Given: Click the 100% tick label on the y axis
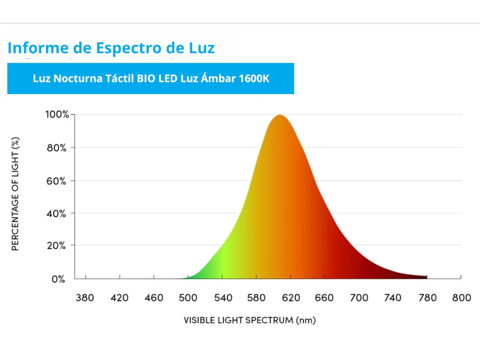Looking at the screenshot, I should (57, 115).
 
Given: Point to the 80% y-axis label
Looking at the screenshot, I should (57, 148).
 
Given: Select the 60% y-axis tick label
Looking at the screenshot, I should (57, 181).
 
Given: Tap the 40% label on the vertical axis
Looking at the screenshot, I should (57, 213).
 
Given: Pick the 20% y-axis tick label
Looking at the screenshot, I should (57, 246).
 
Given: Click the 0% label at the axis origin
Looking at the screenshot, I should (59, 279).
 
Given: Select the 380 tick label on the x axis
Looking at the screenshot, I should (85, 298).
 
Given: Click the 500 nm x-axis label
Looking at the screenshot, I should (188, 298).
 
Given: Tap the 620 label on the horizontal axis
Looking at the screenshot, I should (290, 298).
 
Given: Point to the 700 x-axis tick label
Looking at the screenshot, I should (359, 298).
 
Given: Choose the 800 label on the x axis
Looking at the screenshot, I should (461, 298).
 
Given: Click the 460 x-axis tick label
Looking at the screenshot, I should (154, 298).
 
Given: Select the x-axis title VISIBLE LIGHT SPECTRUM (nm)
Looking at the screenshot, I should (250, 320).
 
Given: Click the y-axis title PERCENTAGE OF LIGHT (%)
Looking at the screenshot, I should (15, 194).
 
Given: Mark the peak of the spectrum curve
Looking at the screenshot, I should (279, 116).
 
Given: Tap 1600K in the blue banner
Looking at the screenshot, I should (254, 79).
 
